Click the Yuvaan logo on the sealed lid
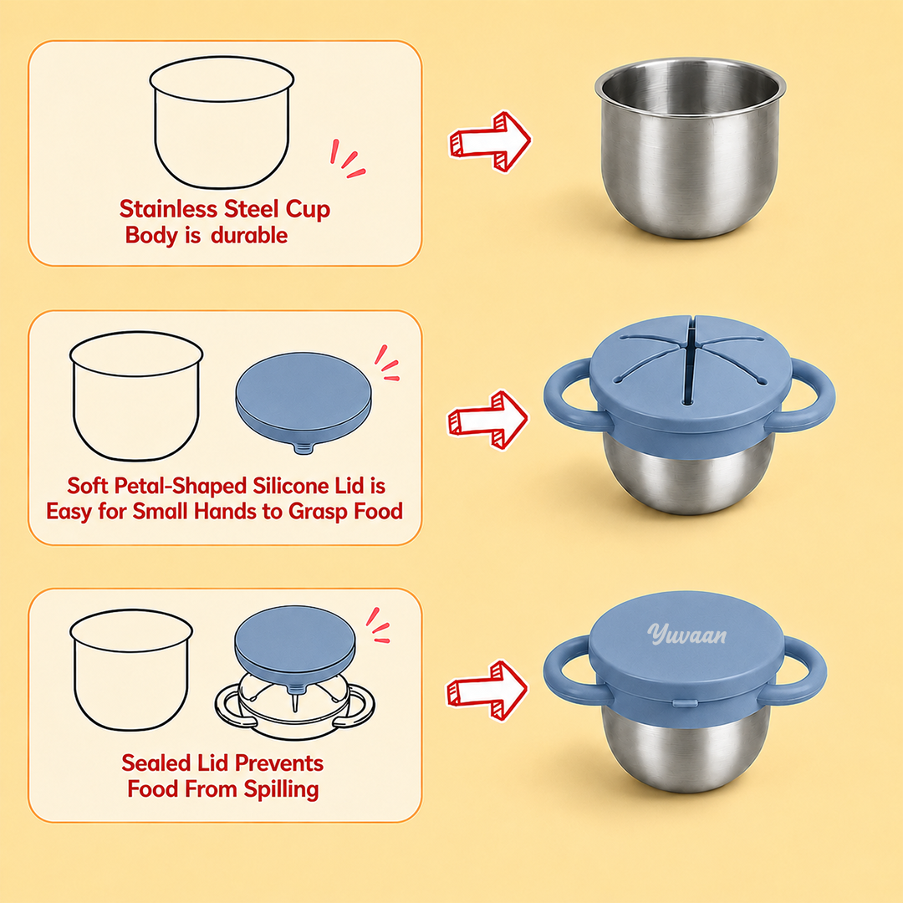point(686,634)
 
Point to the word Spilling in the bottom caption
point(281,789)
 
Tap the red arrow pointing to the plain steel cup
point(490,141)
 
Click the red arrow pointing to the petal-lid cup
point(487,421)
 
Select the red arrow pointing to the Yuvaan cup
point(487,691)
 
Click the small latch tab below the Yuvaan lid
point(685,703)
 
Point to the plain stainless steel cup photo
point(690,147)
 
